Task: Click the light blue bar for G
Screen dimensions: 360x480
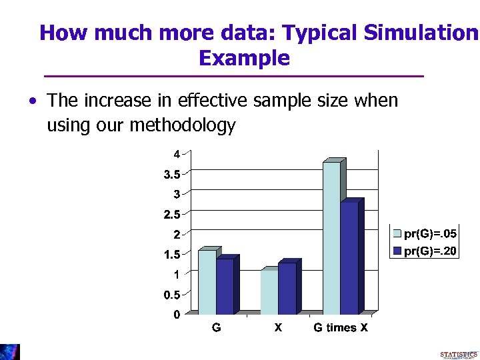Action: coord(207,282)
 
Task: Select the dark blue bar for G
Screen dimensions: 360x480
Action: coord(225,287)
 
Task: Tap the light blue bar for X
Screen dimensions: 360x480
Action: coord(269,291)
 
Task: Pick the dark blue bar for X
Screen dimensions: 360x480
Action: coord(287,289)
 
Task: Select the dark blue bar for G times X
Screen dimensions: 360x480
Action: coord(349,258)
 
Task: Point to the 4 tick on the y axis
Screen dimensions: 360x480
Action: coord(177,154)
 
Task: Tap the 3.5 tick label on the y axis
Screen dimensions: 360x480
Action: coord(173,175)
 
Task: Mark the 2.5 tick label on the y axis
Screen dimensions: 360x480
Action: coord(173,215)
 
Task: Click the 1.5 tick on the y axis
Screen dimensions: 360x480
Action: coord(173,255)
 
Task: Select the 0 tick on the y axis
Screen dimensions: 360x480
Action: coord(177,315)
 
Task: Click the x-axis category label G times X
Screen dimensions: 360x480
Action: coord(340,327)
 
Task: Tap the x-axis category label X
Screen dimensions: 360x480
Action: coord(278,327)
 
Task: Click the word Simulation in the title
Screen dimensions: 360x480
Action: coord(418,33)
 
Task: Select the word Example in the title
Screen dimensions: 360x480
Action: coord(244,59)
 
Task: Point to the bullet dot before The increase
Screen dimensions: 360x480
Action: coord(32,102)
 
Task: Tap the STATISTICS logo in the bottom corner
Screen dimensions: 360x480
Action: coord(458,353)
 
